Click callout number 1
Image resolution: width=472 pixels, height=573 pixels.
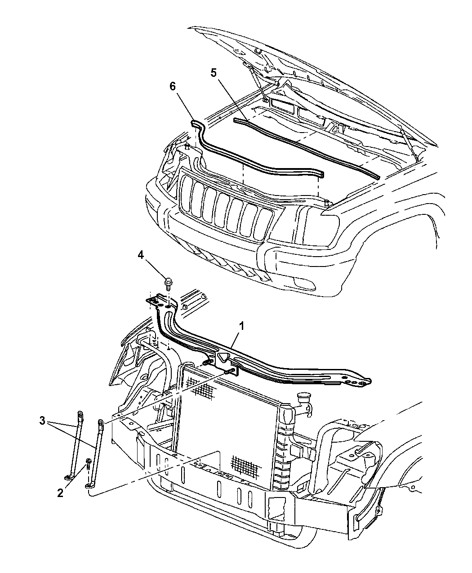(x=242, y=326)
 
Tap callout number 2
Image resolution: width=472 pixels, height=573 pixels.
(x=60, y=493)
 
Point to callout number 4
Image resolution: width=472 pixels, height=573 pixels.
(x=141, y=255)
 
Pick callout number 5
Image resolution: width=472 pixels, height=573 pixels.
(x=214, y=73)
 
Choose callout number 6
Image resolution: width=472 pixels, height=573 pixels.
(x=172, y=86)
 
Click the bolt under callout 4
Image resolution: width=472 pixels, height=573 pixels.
(x=168, y=283)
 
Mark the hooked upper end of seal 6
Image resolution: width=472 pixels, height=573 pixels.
(x=197, y=124)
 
